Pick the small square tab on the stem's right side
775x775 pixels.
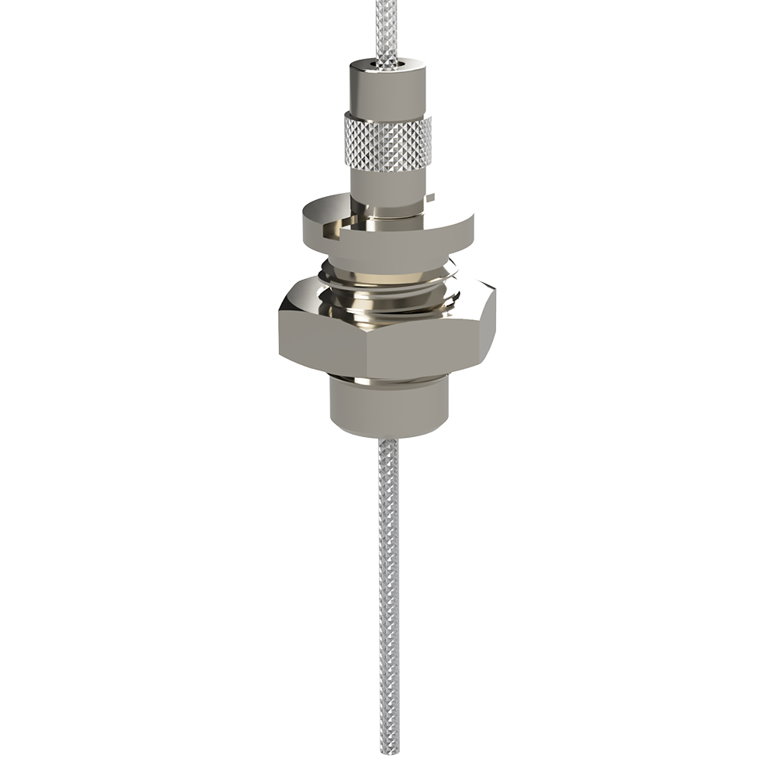tap(431, 198)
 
